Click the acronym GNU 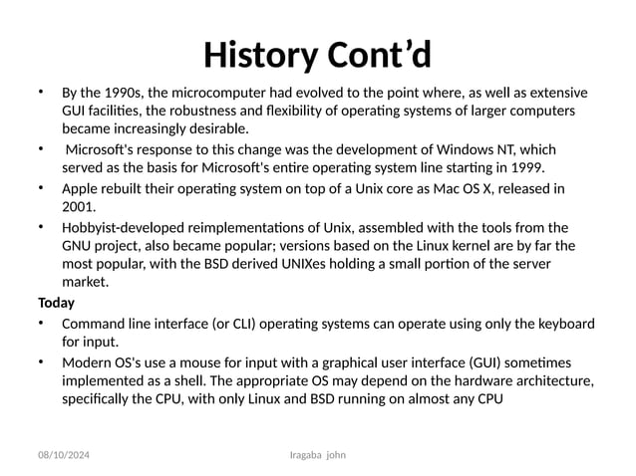78,245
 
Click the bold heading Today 56,302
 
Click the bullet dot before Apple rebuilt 41,186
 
